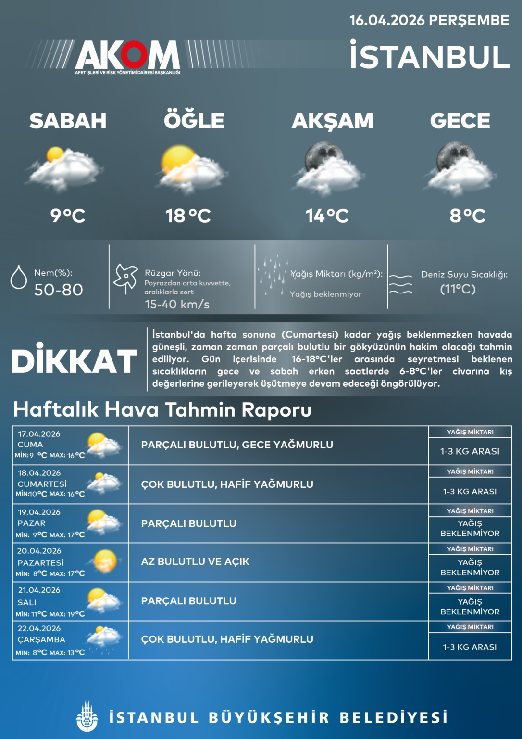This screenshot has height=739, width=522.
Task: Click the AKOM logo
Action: tap(127, 55)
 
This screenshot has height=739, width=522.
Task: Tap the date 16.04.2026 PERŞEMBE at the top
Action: tap(429, 20)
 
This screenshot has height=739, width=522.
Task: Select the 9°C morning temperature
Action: tap(68, 216)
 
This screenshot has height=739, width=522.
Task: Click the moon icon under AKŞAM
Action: tap(323, 156)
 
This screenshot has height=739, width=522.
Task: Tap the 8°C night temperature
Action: tap(467, 216)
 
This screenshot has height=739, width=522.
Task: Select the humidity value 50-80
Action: tap(58, 290)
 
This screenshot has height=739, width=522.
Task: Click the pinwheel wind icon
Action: tap(125, 278)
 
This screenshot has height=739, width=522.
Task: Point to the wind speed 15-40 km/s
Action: tap(177, 304)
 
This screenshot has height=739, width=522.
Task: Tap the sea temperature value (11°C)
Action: tap(458, 289)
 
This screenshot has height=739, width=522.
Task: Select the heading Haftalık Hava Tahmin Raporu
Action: tap(162, 409)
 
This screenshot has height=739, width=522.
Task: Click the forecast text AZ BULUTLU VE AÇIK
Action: tap(195, 561)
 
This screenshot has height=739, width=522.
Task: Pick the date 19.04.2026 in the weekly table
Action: tap(39, 512)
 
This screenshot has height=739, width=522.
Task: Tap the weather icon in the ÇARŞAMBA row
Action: tap(103, 639)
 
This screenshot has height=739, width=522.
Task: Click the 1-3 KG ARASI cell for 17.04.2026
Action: tap(470, 451)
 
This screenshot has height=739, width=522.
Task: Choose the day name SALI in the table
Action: tap(27, 602)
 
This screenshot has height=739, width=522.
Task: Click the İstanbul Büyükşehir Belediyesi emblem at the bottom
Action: tap(87, 717)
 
